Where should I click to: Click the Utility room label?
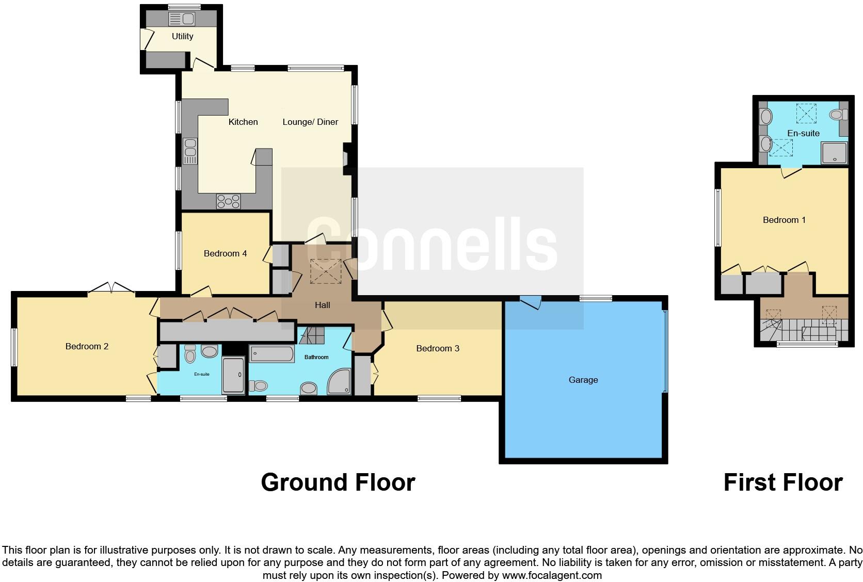coord(182,36)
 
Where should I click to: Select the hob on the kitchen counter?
coord(229,201)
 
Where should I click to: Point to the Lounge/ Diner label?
coord(310,122)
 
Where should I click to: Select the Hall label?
coord(323,305)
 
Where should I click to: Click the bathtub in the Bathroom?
coord(272,354)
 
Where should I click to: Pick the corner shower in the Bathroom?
coord(339,382)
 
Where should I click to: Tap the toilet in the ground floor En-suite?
coord(190,354)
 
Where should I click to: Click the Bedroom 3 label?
coord(438,348)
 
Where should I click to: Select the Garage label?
coord(583,380)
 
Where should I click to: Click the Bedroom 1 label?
coord(784,220)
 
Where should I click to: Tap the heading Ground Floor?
coord(338,482)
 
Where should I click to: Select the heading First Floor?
coord(783,482)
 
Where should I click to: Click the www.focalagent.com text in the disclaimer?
coord(552,575)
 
